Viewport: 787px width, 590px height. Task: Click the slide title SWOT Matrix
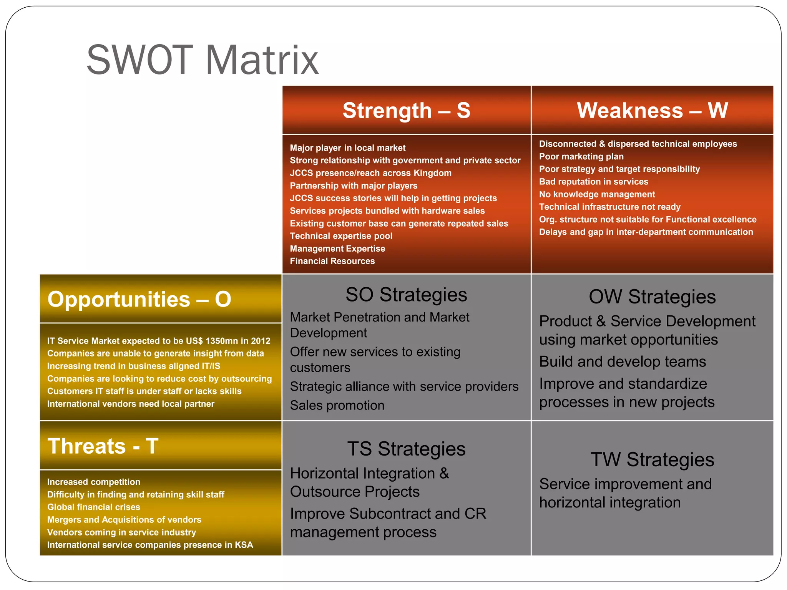pos(203,60)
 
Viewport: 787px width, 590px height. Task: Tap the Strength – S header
pos(406,111)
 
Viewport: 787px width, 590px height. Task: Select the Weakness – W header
pos(652,111)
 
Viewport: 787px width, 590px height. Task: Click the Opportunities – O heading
pos(139,299)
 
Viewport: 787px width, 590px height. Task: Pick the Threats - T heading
pos(103,446)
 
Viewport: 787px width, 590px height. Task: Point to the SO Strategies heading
pos(406,295)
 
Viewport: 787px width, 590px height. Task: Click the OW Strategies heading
pos(652,297)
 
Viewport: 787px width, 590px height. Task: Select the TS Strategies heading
pos(406,449)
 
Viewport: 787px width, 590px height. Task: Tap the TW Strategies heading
pos(652,460)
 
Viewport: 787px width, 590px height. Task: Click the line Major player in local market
pos(347,148)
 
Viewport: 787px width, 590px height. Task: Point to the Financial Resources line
pos(332,261)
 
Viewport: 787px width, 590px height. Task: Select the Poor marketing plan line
pos(581,157)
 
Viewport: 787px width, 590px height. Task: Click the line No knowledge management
pos(597,194)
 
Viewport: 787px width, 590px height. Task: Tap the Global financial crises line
pos(93,507)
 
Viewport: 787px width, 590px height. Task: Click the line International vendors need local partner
pos(131,404)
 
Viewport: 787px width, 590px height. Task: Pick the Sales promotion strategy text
pos(337,406)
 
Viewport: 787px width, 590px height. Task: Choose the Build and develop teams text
pos(622,362)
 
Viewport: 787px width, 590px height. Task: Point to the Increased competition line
pos(93,482)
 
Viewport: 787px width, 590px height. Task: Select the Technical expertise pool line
pos(341,236)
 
